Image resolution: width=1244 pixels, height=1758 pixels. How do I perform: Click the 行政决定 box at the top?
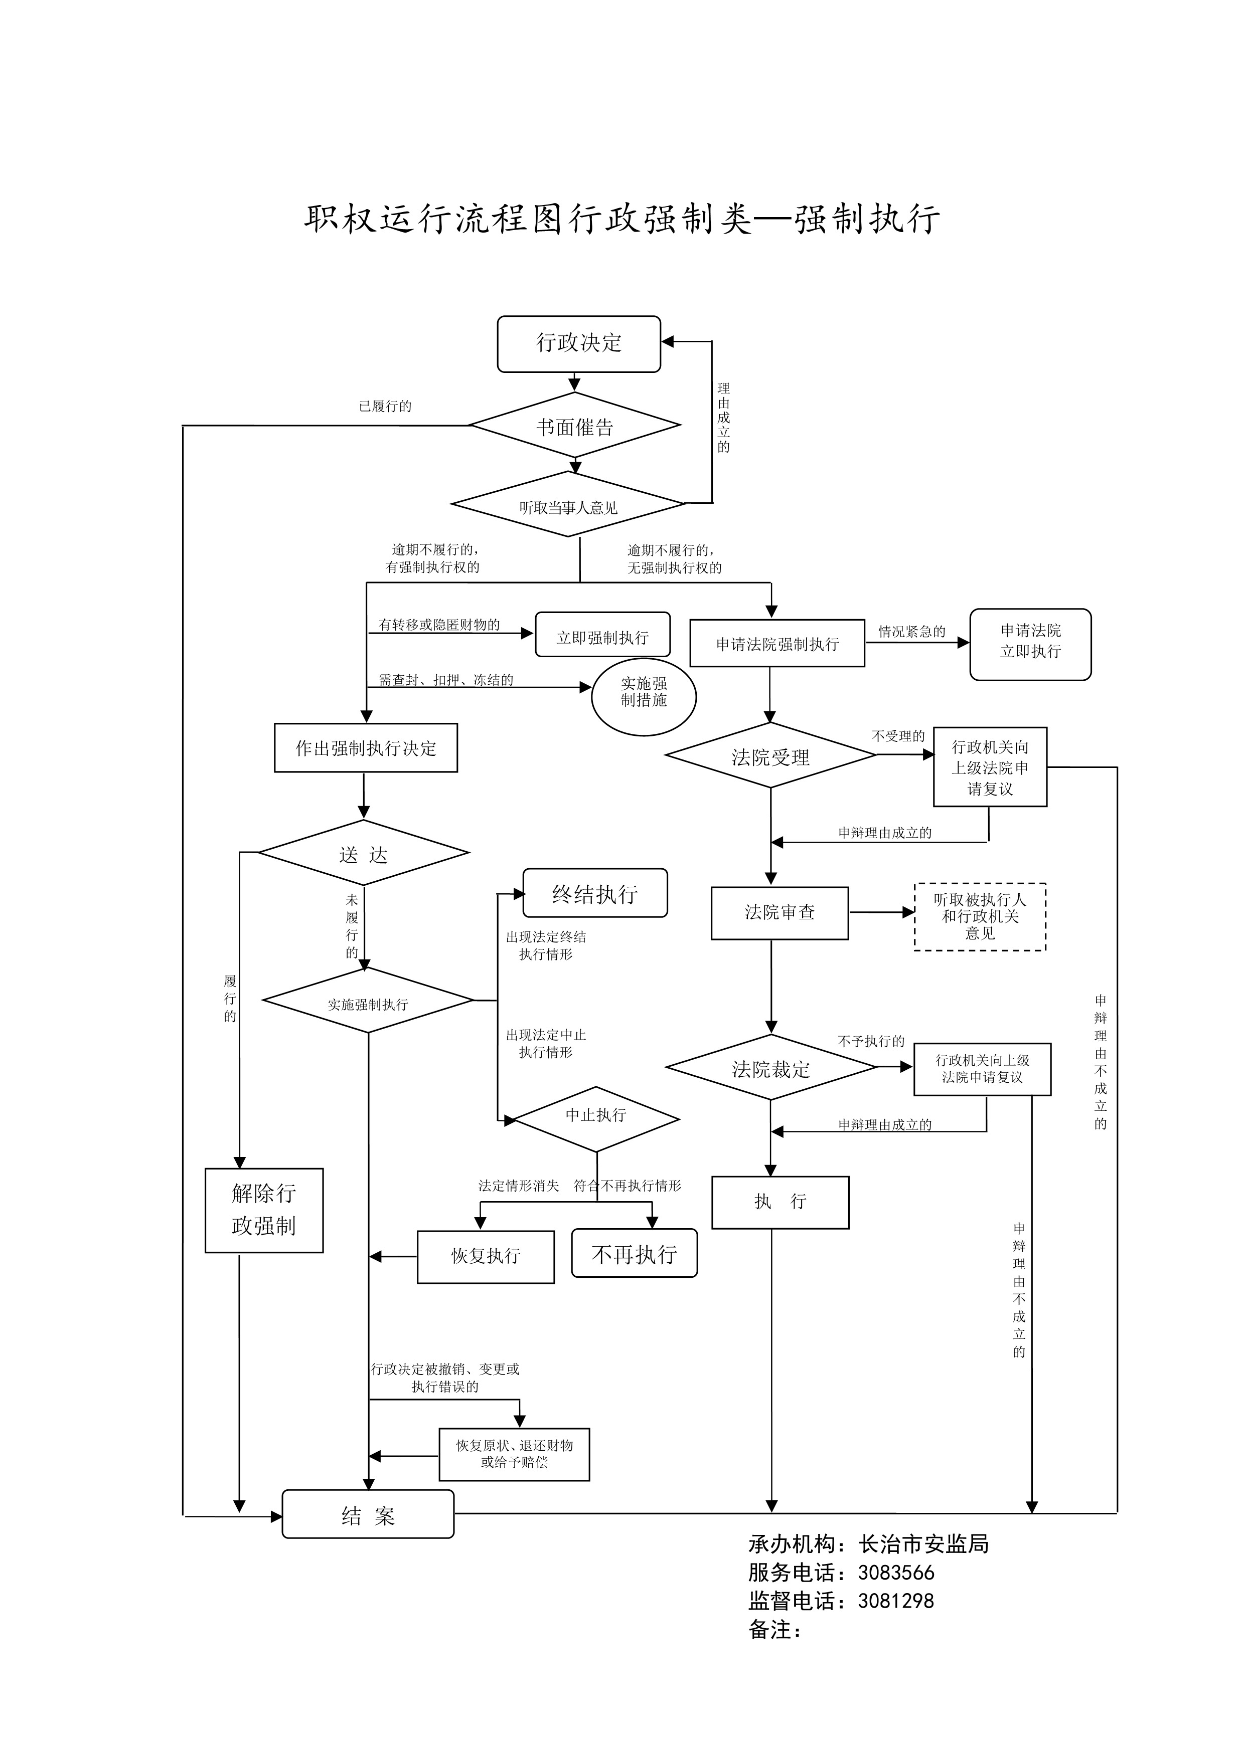[x=578, y=344]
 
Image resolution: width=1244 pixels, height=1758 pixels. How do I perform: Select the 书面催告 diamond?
[x=574, y=425]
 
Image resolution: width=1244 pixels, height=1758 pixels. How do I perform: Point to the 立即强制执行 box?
[x=603, y=635]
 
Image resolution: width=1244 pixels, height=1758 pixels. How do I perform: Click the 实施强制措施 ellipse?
[x=644, y=697]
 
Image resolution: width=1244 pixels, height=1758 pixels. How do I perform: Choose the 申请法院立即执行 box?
[x=1030, y=644]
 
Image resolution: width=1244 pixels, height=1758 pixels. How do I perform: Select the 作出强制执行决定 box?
[x=366, y=748]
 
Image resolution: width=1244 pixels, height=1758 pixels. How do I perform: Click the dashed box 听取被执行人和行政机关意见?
[x=980, y=916]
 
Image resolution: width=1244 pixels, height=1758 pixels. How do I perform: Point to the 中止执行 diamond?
[x=596, y=1119]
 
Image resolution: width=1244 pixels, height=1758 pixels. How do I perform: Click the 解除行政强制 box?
[x=264, y=1211]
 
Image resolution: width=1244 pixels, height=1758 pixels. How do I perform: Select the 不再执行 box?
[x=634, y=1253]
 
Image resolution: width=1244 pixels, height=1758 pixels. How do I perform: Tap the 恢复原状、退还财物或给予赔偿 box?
[x=514, y=1454]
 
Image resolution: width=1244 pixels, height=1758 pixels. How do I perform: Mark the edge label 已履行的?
[x=385, y=406]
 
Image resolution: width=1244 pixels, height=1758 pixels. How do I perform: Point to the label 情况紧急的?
[x=911, y=632]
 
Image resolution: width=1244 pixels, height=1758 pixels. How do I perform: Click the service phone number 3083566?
[x=896, y=1573]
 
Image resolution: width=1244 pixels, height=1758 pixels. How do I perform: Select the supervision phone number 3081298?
[x=896, y=1601]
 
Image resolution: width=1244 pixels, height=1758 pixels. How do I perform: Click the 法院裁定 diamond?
[x=770, y=1067]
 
